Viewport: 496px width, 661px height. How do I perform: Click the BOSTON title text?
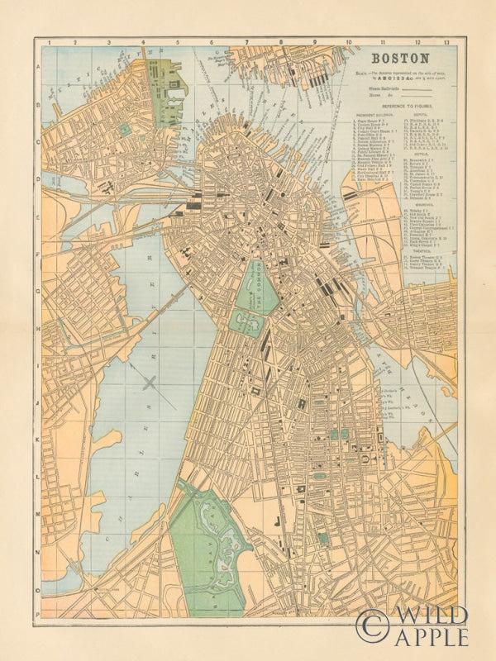400,59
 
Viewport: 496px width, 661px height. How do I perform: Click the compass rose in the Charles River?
150,382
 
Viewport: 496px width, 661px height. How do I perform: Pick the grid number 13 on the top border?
446,41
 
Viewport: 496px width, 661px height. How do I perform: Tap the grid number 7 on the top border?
246,41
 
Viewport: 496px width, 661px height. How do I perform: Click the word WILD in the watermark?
430,616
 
